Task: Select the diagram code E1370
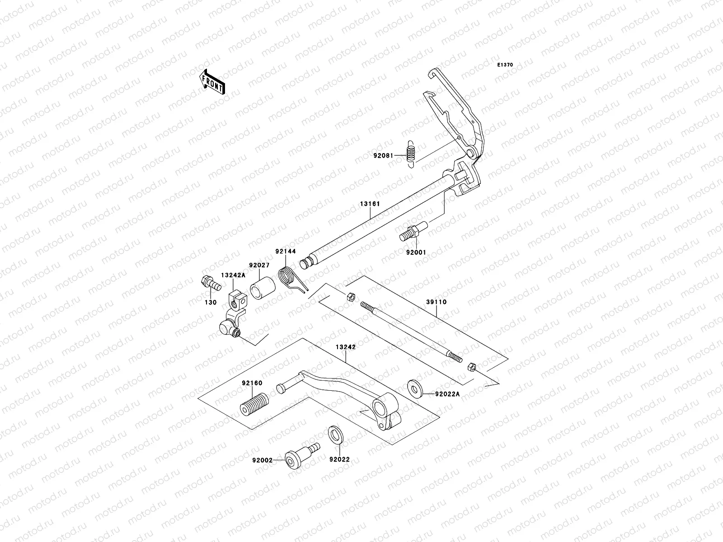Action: (x=505, y=65)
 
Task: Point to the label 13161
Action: (x=370, y=204)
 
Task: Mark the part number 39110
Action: (x=436, y=302)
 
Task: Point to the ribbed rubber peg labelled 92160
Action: (x=254, y=404)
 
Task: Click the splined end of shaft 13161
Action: (x=309, y=262)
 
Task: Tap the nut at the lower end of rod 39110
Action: (x=470, y=367)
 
